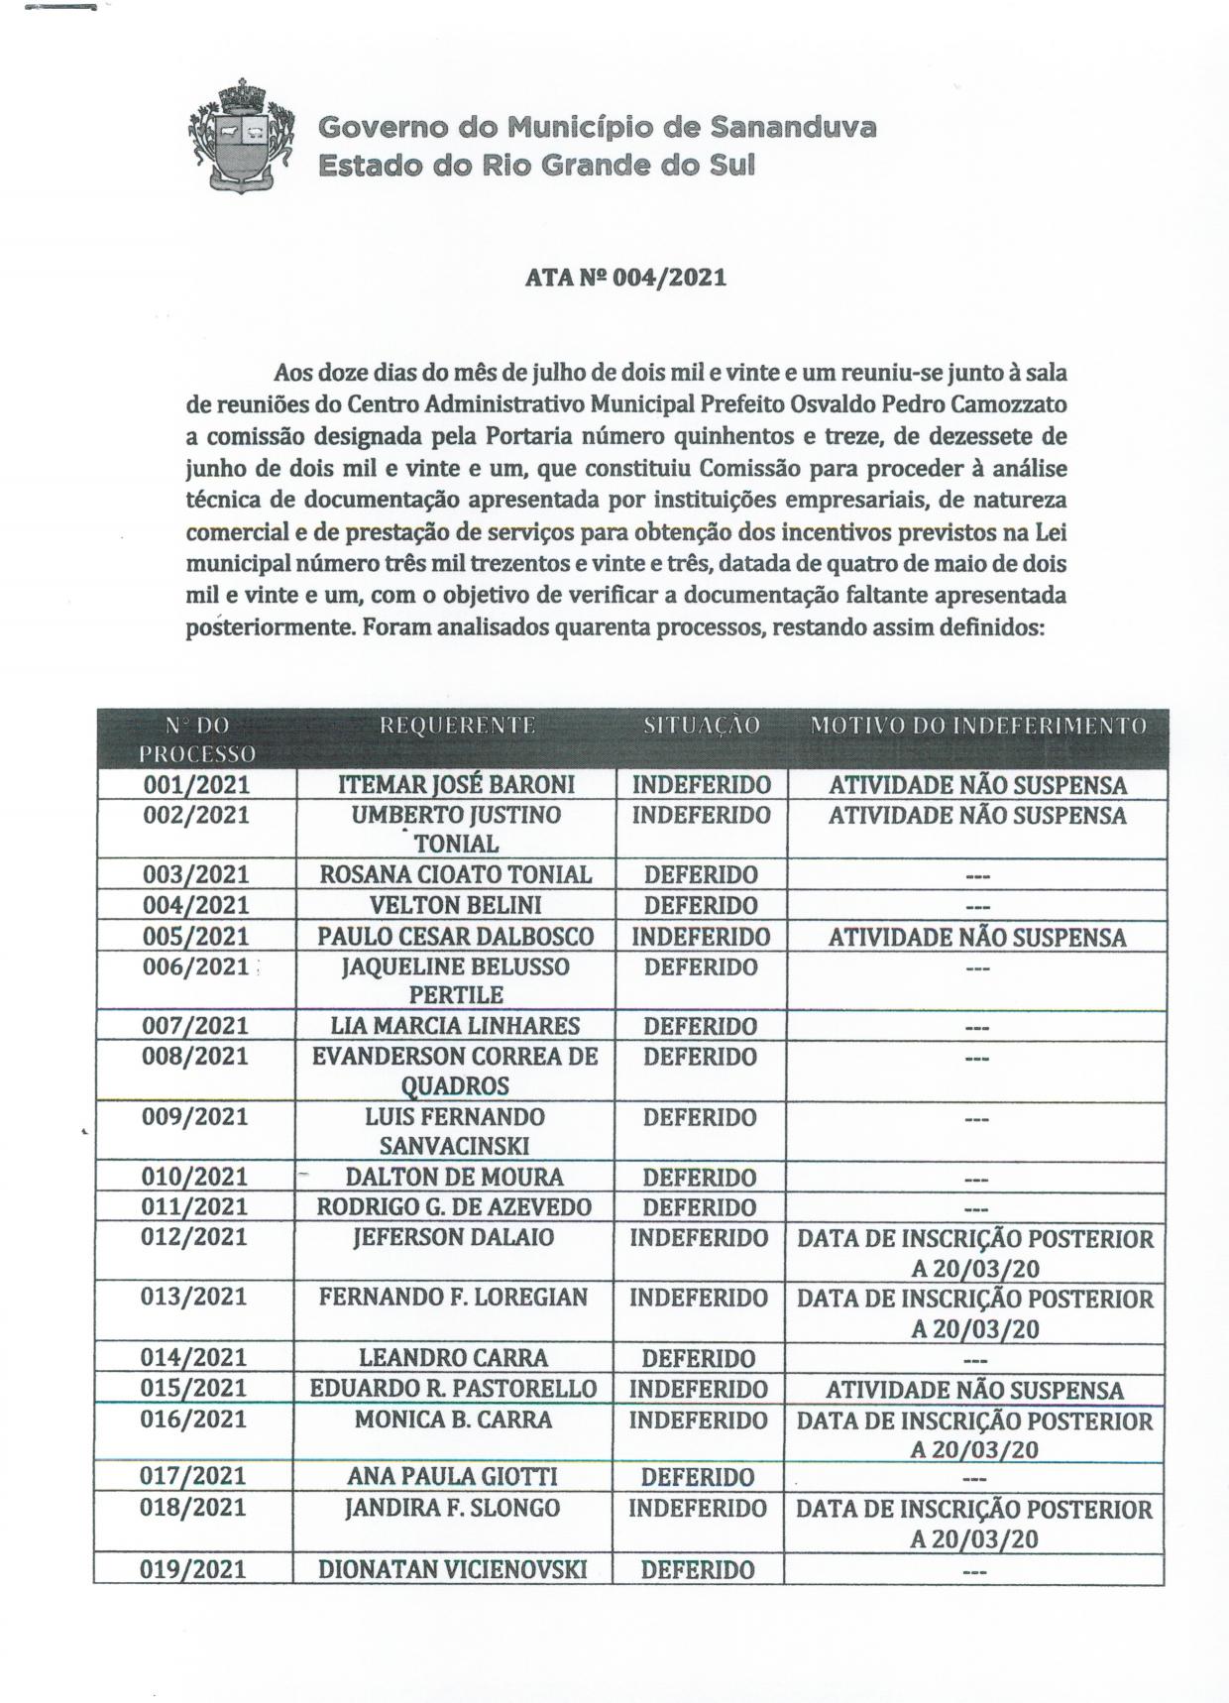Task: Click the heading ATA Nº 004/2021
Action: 625,278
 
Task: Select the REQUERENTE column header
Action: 457,726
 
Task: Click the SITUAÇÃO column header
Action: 702,726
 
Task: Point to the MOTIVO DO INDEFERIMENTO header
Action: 977,726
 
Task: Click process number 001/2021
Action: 196,785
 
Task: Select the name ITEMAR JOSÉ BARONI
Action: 457,785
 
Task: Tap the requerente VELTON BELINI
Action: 456,905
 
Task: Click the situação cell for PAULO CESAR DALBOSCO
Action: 702,937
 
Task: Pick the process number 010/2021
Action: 195,1178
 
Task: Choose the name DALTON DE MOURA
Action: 455,1178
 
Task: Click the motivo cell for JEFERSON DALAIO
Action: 975,1253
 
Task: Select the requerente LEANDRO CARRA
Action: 455,1358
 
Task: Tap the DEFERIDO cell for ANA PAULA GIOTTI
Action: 698,1477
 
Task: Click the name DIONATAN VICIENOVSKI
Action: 453,1569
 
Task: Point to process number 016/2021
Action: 194,1419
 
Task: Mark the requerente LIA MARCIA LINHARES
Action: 456,1026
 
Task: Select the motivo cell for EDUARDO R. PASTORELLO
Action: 975,1390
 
